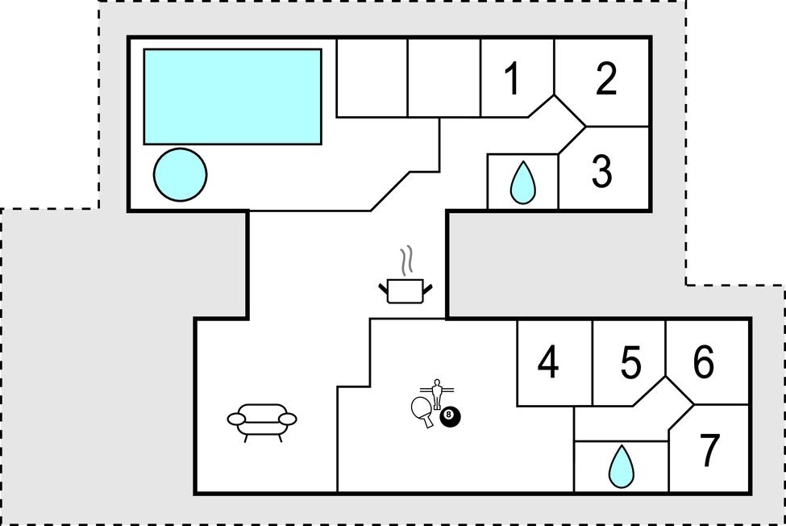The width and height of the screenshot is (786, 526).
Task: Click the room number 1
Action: coord(512,79)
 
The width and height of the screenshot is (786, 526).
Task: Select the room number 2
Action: coord(606,79)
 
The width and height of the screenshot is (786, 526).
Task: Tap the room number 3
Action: coord(602,171)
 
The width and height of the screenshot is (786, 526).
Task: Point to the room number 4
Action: coord(548,362)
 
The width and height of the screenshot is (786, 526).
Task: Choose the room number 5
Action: coord(630,362)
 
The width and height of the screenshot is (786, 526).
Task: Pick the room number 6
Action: coord(704,361)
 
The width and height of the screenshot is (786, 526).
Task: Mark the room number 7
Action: coord(709,450)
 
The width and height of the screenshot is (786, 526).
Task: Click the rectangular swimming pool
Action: coord(233,97)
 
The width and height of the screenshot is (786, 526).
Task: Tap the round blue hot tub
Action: coord(180,174)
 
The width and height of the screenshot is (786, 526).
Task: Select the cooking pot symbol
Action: coord(405,291)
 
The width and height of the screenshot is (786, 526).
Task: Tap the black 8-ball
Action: coord(450,417)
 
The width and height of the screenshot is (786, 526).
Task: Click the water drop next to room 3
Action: coord(522,182)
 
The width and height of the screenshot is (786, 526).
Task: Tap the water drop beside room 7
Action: coord(621,466)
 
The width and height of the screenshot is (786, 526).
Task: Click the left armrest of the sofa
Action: coord(236,419)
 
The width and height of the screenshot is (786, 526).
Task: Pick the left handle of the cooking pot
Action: coord(383,288)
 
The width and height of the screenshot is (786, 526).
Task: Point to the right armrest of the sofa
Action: coord(288,419)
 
